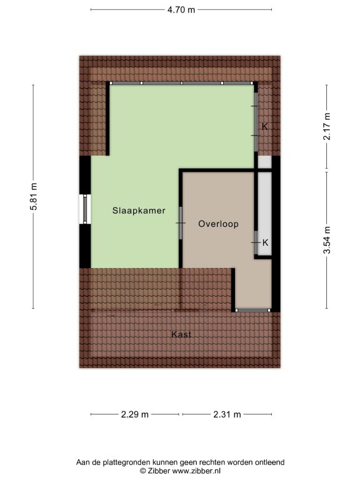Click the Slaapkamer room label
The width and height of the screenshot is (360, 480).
(139, 211)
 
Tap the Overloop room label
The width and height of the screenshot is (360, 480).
(218, 224)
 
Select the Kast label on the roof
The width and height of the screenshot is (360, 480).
(181, 334)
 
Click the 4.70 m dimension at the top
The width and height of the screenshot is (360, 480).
(181, 10)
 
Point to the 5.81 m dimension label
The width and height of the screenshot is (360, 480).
(33, 196)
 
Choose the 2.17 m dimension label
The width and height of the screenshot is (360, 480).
(327, 126)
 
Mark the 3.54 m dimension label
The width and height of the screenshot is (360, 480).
(327, 240)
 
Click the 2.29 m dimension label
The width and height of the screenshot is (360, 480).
(135, 414)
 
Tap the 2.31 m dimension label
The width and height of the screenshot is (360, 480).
(227, 414)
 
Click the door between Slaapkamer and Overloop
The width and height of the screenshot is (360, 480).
(181, 223)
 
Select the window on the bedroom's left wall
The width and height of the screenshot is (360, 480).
(85, 209)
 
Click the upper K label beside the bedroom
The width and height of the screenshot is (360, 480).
(265, 126)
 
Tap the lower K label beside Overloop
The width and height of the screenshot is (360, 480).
(266, 242)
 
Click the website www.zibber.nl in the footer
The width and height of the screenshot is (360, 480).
(196, 471)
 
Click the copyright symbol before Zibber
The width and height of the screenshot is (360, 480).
(142, 471)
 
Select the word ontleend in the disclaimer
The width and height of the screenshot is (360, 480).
(269, 462)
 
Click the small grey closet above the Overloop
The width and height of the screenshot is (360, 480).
(264, 162)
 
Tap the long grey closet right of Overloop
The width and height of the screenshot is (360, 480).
(264, 213)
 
